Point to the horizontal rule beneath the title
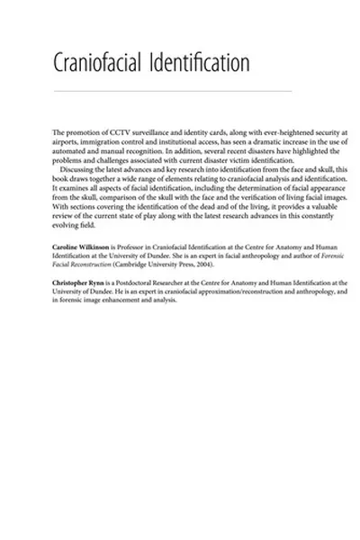pyautogui.click(x=173, y=91)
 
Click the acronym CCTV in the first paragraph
pyautogui.click(x=116, y=132)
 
